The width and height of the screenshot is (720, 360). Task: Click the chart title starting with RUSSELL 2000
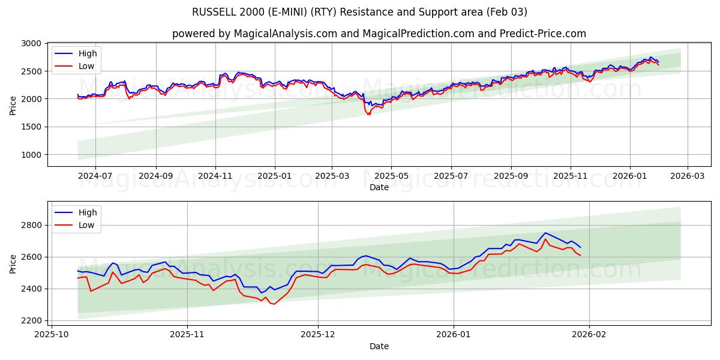359,12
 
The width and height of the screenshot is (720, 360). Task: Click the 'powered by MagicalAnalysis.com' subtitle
379,34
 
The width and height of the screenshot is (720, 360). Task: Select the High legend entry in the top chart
88,53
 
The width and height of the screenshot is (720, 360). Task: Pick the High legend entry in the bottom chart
88,212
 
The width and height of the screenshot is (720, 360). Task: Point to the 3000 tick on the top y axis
31,44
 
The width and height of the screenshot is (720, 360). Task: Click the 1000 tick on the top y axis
31,155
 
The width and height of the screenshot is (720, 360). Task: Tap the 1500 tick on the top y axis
31,127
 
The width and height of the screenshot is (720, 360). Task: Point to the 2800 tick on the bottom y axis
31,225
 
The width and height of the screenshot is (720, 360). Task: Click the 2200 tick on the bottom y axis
31,320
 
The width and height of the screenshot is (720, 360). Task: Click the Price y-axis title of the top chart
13,105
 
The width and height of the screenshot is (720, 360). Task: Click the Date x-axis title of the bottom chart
379,346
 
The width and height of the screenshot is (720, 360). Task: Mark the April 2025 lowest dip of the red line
368,114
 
